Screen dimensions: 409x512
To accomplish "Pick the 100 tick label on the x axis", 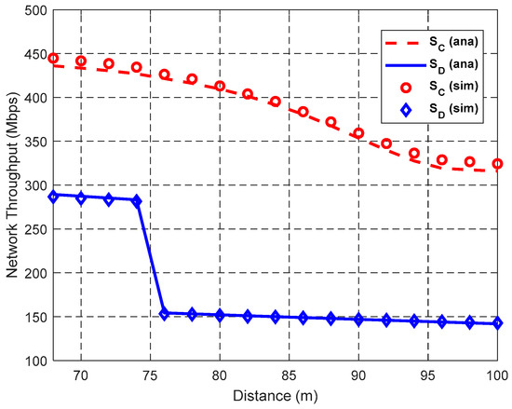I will (x=497, y=375).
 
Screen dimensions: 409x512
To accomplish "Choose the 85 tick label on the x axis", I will (x=289, y=375).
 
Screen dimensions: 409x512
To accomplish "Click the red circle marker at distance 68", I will (x=53, y=59).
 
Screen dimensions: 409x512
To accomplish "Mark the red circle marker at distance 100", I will (x=497, y=164).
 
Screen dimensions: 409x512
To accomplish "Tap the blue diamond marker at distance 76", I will (x=164, y=314).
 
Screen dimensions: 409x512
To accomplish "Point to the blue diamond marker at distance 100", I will (x=497, y=323).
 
